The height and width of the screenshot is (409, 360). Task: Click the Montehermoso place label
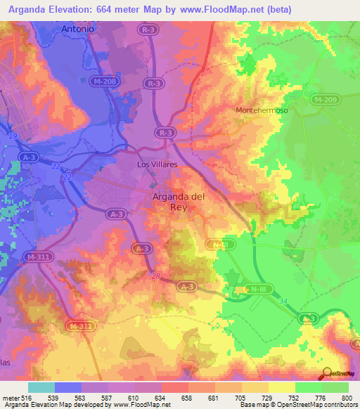(261, 111)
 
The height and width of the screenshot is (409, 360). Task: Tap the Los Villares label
(156, 164)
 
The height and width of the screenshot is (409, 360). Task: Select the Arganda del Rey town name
(179, 202)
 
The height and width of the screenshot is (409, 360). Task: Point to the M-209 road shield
(325, 100)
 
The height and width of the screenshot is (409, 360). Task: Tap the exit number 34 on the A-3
(282, 301)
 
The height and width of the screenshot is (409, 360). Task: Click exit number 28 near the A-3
(155, 276)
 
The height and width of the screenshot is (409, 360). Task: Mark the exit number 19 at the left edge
(12, 135)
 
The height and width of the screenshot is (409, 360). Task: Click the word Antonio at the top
(78, 30)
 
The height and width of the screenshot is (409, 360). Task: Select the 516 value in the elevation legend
(27, 398)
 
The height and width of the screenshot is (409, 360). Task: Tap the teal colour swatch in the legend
(41, 387)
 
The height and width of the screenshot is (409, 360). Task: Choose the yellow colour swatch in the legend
(281, 387)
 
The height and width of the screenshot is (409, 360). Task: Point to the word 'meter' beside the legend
(11, 398)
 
